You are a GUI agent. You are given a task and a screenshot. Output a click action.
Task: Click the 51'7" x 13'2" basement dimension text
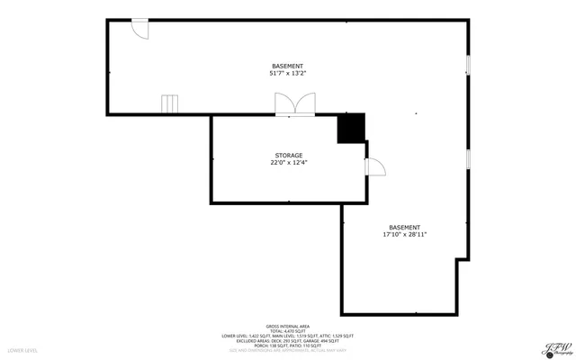[x=287, y=74]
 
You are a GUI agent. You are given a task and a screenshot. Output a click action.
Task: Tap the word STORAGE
[x=289, y=156]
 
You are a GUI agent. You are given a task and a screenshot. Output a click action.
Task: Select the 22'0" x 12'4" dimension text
[x=289, y=163]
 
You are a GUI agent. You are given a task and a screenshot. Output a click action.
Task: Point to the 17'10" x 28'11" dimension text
[x=404, y=234]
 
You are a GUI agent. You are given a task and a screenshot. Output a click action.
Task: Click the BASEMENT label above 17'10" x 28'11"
[x=404, y=227]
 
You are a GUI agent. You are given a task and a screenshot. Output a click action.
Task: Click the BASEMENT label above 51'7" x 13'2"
[x=287, y=67]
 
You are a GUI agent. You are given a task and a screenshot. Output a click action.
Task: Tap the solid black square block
[x=351, y=128]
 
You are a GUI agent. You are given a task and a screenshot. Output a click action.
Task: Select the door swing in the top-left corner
[x=139, y=29]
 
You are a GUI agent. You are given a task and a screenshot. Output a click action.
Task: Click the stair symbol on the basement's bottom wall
[x=170, y=104]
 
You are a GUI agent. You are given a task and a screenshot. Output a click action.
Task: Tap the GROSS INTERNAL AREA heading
[x=287, y=326]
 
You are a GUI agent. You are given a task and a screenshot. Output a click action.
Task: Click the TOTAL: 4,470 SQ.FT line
[x=287, y=331]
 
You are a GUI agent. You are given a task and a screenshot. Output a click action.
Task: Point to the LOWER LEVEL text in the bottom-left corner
[x=22, y=350]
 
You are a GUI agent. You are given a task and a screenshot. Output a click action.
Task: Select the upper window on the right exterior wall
[x=468, y=66]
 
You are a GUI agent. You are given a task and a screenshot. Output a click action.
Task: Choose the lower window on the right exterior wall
[x=468, y=158]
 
